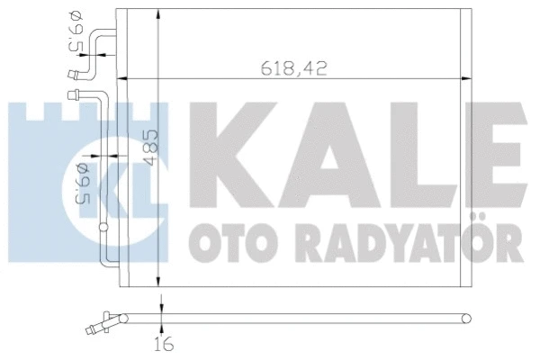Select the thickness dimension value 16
pos(162,344)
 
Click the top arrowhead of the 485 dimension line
pos(159,12)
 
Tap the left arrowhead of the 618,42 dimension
pos(125,78)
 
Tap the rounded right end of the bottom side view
pos(466,317)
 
